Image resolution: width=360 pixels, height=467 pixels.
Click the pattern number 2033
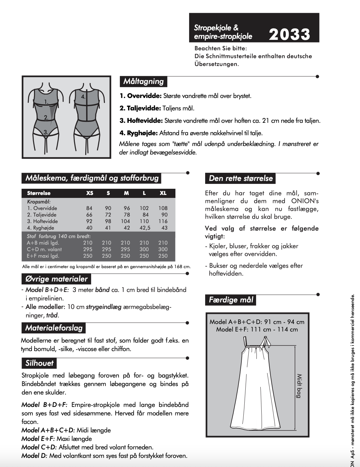(289, 34)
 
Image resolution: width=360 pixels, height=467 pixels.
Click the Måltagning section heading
(143, 81)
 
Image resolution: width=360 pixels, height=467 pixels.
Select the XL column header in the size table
(163, 193)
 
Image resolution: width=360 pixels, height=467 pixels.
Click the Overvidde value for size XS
(89, 208)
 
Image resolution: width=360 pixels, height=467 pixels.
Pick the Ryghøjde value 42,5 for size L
(145, 228)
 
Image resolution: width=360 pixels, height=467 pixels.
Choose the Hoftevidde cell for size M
(125, 221)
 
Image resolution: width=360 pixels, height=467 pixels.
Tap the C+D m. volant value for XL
(163, 249)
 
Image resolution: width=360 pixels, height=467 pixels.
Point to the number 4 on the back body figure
(83, 97)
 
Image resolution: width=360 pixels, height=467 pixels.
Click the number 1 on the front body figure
(46, 102)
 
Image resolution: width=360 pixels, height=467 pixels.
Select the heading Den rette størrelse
(240, 178)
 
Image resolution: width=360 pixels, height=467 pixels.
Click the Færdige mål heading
(231, 300)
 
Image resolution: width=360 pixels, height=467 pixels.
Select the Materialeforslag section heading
(54, 328)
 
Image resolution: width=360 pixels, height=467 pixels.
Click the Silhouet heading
(40, 363)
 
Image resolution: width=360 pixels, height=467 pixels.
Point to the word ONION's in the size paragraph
(305, 201)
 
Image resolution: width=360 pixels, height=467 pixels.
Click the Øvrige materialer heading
(57, 279)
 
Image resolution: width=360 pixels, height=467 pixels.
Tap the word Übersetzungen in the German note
(217, 64)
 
